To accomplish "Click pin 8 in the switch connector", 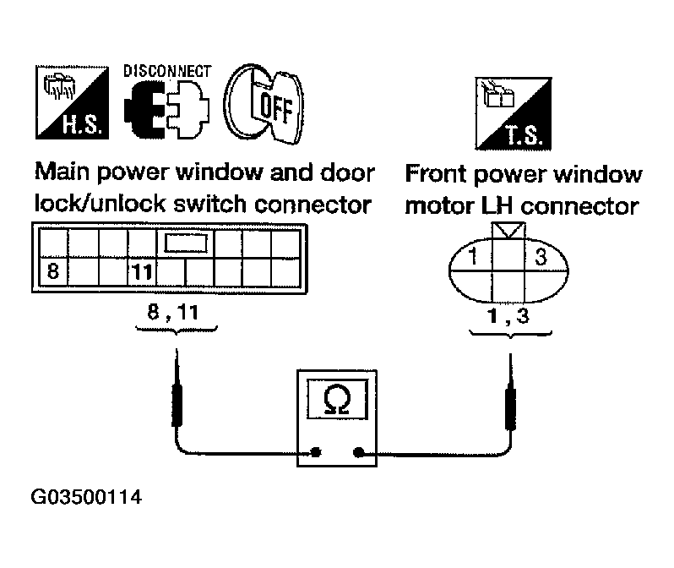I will click(53, 272).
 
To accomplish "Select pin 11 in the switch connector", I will click(140, 272).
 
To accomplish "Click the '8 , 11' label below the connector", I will click(176, 312).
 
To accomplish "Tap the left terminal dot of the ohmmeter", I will click(315, 452).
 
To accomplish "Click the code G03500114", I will click(86, 498).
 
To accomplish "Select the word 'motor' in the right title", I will click(440, 205).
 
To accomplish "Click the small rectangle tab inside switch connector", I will click(185, 244).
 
